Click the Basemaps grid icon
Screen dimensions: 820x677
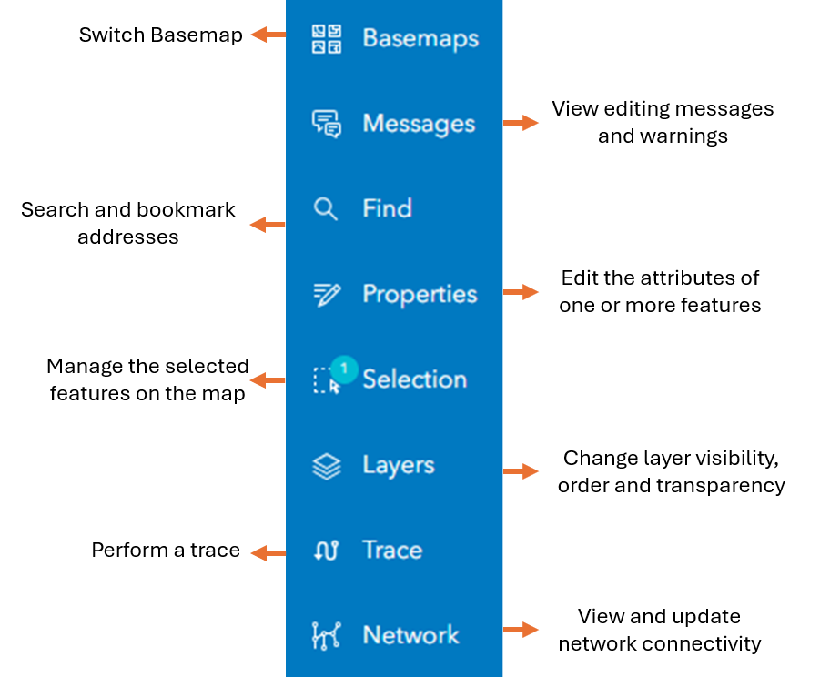(x=327, y=39)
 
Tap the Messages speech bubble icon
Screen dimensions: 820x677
(x=327, y=124)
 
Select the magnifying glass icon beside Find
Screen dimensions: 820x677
(x=325, y=209)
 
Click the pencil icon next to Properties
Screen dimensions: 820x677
(x=327, y=294)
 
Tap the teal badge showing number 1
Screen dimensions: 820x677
(x=344, y=369)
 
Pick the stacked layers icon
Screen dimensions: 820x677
(x=327, y=466)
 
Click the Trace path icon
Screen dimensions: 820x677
(x=327, y=551)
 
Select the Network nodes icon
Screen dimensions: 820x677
(x=327, y=636)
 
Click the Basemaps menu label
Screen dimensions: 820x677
(x=420, y=39)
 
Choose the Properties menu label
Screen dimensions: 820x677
(x=420, y=294)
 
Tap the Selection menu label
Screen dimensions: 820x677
(x=415, y=379)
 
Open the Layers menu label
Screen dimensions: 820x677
(x=399, y=465)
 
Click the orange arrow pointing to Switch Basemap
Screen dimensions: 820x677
(x=268, y=35)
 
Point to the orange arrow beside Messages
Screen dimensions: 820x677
(x=521, y=122)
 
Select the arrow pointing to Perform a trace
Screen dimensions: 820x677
(x=268, y=553)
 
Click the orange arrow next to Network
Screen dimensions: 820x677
(x=521, y=630)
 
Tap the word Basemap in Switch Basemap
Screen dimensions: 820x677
(x=197, y=35)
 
